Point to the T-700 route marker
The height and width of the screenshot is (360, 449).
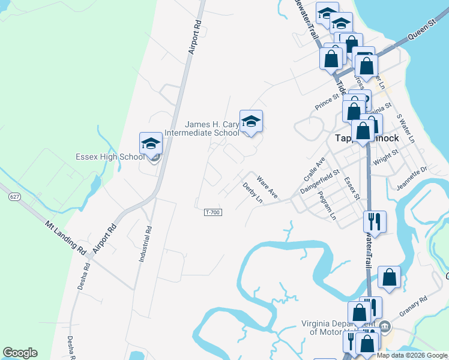(212, 212)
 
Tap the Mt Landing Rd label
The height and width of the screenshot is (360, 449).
(65, 236)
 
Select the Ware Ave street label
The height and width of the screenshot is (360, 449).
(267, 187)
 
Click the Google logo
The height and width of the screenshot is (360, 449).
(20, 353)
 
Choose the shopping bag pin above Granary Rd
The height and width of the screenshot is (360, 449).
(389, 277)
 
